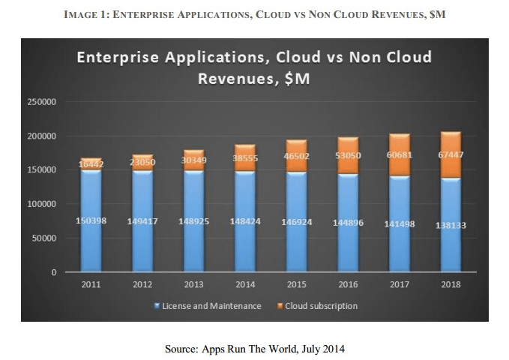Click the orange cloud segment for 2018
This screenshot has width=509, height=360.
point(449,155)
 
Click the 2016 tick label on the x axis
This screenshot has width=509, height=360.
point(347,285)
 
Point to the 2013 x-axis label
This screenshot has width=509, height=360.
point(193,285)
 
